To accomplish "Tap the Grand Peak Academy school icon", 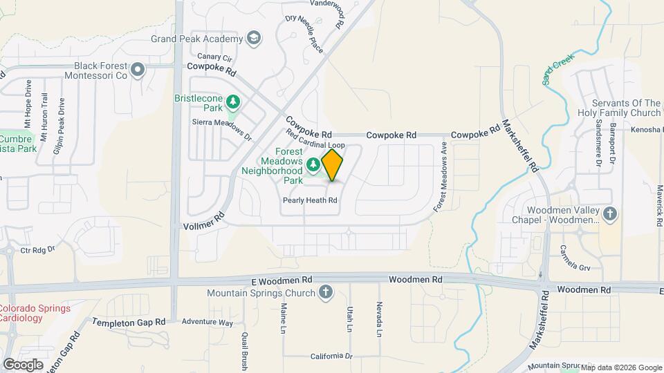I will click(x=254, y=38).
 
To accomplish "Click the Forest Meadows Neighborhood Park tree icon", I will click(x=313, y=164).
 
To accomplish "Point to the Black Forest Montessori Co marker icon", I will click(x=138, y=69).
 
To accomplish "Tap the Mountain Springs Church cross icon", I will click(x=326, y=292).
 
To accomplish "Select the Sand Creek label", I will click(x=558, y=70).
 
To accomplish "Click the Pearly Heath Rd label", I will click(x=310, y=200).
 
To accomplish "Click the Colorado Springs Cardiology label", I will click(x=35, y=313).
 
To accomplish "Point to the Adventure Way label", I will click(x=207, y=322).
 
